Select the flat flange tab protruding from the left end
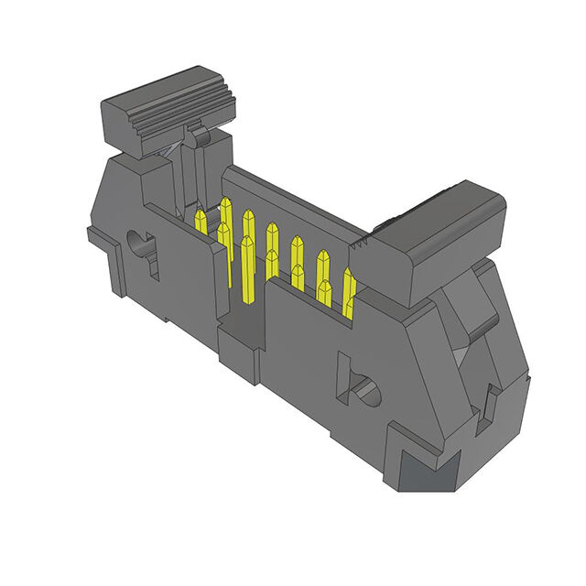pos(101,240)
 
